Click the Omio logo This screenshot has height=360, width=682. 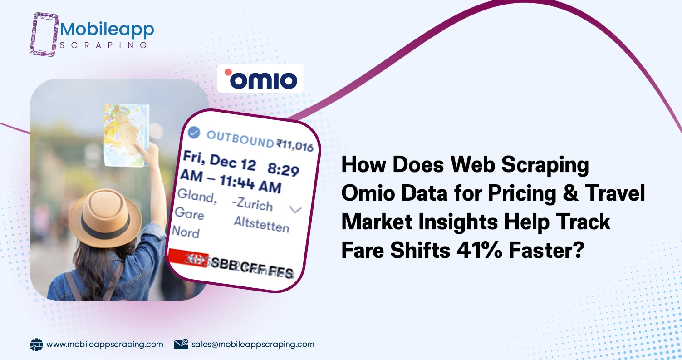(x=260, y=79)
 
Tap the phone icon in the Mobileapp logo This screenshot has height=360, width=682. (x=45, y=34)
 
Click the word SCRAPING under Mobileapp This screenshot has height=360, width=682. (x=103, y=45)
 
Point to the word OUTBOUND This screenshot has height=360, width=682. (x=240, y=138)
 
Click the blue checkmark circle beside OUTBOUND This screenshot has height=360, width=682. (x=194, y=132)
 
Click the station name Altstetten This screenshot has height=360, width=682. (x=261, y=224)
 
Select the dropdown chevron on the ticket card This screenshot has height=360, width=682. (x=295, y=209)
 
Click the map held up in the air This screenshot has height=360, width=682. (x=127, y=134)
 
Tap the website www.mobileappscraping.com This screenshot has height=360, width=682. (x=105, y=344)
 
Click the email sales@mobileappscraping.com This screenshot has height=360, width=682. (x=253, y=344)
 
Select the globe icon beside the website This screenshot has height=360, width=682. (x=36, y=345)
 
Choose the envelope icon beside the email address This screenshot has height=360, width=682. (x=181, y=344)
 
